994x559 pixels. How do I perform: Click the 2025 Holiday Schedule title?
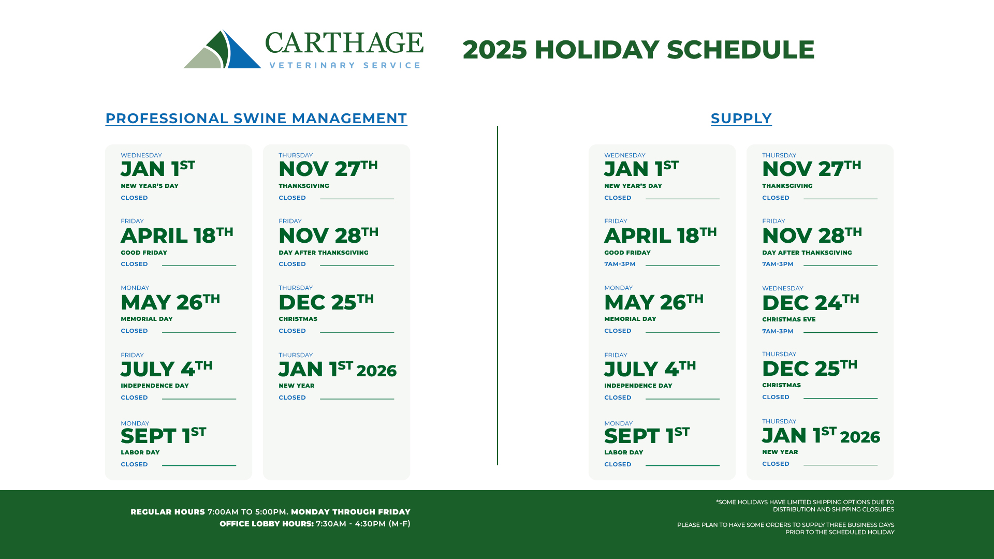638,50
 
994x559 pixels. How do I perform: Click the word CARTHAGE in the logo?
344,43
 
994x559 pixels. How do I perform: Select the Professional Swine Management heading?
256,119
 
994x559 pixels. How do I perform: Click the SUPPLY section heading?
741,119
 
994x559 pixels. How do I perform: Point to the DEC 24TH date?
811,302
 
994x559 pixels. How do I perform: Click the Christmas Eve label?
788,319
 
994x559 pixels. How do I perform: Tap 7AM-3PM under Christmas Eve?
778,331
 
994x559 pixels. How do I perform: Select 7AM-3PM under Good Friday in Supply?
620,264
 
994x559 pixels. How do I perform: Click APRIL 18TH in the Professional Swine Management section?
177,235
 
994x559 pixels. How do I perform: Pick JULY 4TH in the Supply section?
650,369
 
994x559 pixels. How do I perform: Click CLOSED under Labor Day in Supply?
618,464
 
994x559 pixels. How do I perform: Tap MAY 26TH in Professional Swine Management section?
170,302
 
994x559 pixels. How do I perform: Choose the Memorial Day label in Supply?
630,319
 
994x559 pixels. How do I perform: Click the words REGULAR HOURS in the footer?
168,512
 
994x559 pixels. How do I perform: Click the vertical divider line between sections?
498,296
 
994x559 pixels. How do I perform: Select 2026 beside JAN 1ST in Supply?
860,437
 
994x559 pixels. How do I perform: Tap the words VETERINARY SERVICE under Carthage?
345,65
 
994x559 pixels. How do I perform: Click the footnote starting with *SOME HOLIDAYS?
805,506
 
